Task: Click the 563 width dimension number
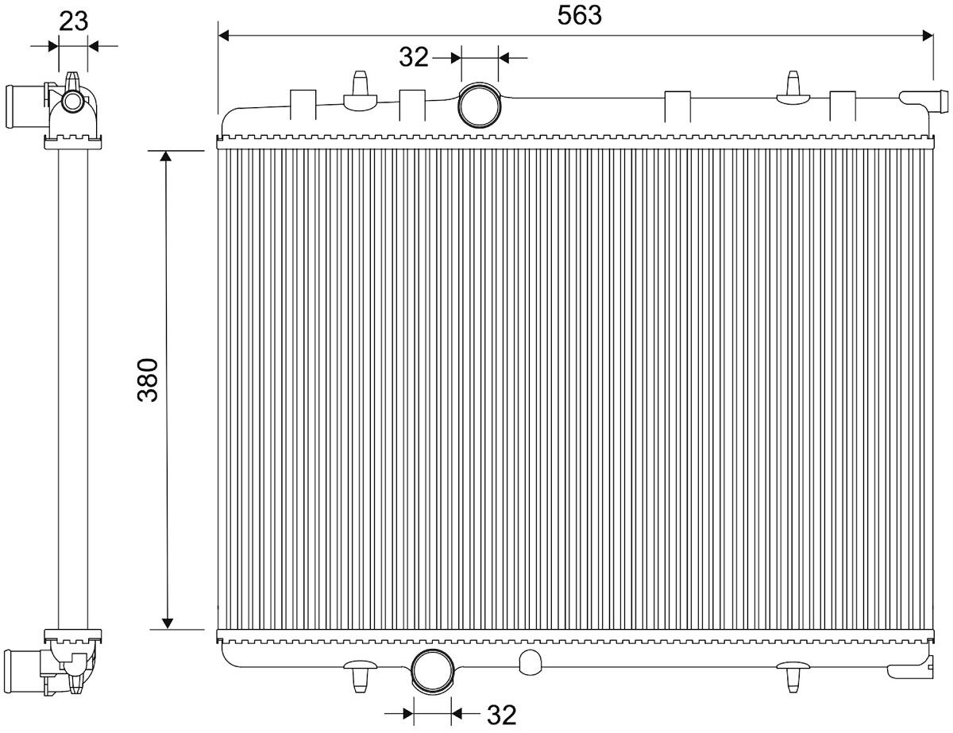click(x=579, y=16)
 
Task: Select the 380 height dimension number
click(x=148, y=380)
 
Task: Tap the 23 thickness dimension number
click(x=73, y=21)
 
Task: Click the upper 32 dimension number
click(x=413, y=57)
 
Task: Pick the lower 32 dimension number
click(x=501, y=715)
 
